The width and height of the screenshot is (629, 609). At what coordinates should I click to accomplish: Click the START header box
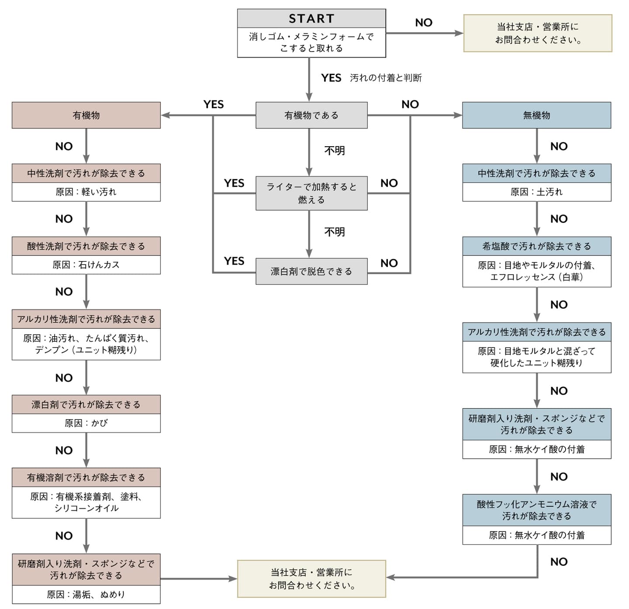coord(311,18)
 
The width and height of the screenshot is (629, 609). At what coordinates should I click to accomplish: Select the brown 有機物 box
coord(86,115)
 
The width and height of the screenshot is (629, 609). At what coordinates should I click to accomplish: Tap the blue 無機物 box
coord(536,115)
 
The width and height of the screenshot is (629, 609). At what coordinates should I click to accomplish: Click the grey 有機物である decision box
coord(311,115)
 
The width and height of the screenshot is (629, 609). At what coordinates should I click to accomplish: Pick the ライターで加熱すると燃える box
coord(311,193)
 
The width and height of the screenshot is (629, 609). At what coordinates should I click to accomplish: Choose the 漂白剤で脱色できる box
coord(311,271)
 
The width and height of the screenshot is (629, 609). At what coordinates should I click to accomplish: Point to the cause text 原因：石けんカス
coord(86,265)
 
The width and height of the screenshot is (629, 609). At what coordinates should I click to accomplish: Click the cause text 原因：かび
coord(86,423)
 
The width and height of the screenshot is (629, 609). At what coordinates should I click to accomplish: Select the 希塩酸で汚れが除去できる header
coord(536,246)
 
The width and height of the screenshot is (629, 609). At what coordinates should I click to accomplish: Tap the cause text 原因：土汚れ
coord(536,192)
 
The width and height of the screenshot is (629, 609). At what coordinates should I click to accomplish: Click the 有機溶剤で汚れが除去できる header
coord(86,478)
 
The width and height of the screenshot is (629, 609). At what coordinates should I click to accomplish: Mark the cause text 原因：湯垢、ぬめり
coord(86,594)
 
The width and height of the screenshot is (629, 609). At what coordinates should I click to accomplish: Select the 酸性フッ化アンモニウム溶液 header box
coord(536,510)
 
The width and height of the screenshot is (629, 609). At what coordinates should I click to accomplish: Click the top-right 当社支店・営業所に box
coord(537,33)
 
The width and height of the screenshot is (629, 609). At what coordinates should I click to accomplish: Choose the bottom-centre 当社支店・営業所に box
coord(311,578)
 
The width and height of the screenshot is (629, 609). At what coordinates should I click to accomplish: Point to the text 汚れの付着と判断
coord(386,78)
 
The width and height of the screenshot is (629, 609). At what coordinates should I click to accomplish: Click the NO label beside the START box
coord(423,23)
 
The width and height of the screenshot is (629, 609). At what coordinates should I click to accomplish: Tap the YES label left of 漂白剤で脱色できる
coord(234,261)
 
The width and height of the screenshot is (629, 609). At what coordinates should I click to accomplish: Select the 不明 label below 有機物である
coord(335,151)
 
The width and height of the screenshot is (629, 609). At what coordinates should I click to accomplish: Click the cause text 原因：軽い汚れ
coord(86,192)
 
